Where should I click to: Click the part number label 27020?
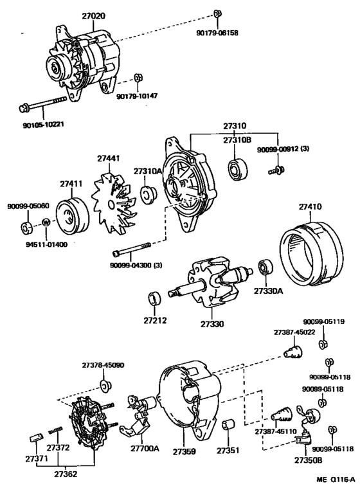93,15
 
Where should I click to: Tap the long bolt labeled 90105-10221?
43,104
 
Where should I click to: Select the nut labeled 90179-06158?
217,14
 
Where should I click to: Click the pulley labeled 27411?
72,217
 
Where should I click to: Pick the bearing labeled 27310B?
238,170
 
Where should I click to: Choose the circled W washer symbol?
46,222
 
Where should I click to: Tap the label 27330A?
268,291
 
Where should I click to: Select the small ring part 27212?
154,298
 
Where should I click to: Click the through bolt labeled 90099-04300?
131,249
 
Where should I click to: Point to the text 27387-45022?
294,332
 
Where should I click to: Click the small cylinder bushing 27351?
229,425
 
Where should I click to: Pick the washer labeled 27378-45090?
105,384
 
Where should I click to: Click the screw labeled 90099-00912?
276,170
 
